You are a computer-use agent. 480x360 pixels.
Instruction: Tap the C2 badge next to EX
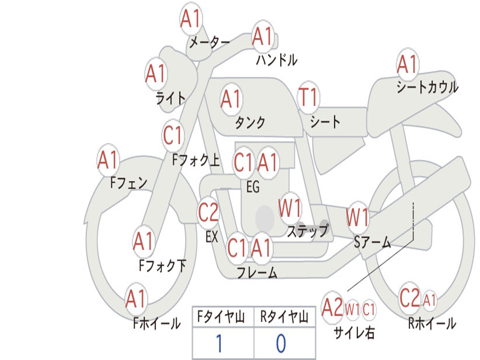(x=208, y=212)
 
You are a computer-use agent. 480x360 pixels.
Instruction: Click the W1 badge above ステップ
(x=289, y=208)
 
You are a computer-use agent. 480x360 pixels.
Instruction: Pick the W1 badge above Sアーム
(x=357, y=217)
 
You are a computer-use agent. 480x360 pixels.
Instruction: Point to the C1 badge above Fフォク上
(x=173, y=135)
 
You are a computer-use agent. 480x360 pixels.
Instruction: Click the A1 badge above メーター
(x=191, y=18)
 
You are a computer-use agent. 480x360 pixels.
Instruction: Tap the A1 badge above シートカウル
(x=407, y=64)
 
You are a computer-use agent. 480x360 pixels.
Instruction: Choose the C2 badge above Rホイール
(x=410, y=298)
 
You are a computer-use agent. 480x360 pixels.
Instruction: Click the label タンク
(x=250, y=122)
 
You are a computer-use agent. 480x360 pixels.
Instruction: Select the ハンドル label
(x=277, y=60)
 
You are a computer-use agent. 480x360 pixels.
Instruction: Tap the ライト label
(x=171, y=98)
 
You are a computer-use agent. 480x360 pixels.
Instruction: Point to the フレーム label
(x=257, y=272)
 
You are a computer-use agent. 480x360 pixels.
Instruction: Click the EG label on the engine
(x=253, y=187)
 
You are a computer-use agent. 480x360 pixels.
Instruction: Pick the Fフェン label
(x=128, y=183)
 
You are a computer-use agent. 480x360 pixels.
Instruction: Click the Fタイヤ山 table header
(x=221, y=316)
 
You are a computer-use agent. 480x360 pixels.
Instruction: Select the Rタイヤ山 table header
(x=284, y=316)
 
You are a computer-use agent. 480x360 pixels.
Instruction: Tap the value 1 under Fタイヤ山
(x=219, y=343)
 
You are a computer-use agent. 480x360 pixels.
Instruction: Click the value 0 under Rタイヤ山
(x=281, y=343)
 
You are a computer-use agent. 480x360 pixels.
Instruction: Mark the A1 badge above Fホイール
(x=136, y=299)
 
